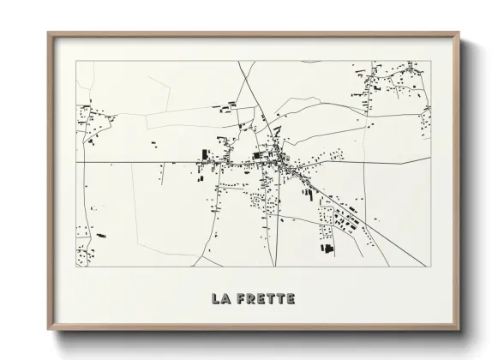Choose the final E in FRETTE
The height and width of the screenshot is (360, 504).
tap(291, 299)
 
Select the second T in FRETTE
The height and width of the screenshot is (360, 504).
tap(280, 299)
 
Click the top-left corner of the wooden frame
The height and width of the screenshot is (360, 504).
tap(48, 33)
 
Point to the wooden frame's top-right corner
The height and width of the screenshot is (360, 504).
tap(459, 33)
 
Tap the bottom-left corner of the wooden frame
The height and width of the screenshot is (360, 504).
tap(48, 331)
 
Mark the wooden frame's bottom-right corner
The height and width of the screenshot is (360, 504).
tap(459, 331)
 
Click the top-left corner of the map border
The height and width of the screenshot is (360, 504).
tap(76, 61)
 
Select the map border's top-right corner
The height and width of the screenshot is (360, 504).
tap(431, 61)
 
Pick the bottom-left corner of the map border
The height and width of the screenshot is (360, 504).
tap(76, 266)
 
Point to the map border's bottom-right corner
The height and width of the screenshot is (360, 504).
tap(431, 266)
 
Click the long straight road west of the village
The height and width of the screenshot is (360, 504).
tap(137, 162)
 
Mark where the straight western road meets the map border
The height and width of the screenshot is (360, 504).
tap(76, 162)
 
